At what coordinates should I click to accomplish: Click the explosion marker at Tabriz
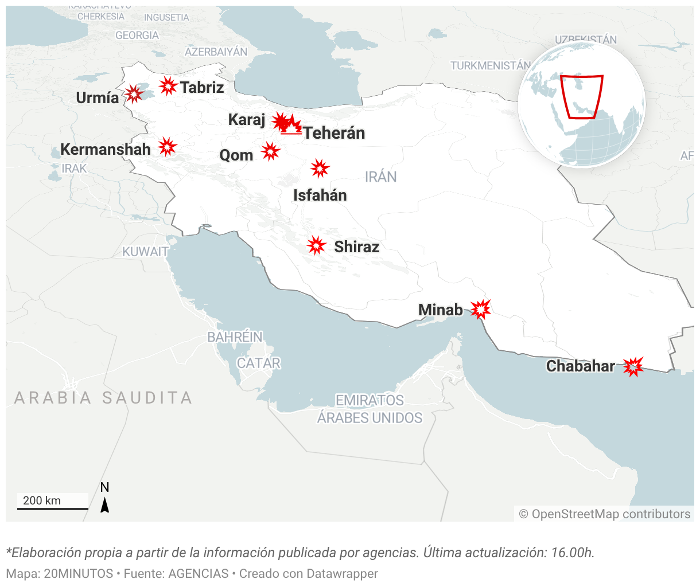click(x=168, y=86)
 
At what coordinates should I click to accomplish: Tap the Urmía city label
click(x=98, y=98)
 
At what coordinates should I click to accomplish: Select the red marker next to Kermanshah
click(x=167, y=147)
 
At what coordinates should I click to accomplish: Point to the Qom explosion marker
click(x=270, y=152)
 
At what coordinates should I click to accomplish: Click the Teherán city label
click(x=334, y=133)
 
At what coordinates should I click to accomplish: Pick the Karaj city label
click(x=247, y=120)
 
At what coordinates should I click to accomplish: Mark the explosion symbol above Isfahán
click(x=320, y=169)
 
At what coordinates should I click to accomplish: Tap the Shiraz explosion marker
click(x=316, y=245)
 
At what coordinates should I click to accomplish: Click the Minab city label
click(x=440, y=310)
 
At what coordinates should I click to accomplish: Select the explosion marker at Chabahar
click(x=633, y=366)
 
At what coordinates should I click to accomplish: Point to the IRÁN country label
click(x=381, y=177)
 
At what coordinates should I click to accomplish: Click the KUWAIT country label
click(x=145, y=252)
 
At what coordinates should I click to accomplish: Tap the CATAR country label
click(x=259, y=363)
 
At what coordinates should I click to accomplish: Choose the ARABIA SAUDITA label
click(x=103, y=397)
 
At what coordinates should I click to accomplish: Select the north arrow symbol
click(x=104, y=504)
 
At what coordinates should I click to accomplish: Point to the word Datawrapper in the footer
click(x=342, y=573)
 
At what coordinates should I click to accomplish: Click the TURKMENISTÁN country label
click(x=491, y=66)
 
